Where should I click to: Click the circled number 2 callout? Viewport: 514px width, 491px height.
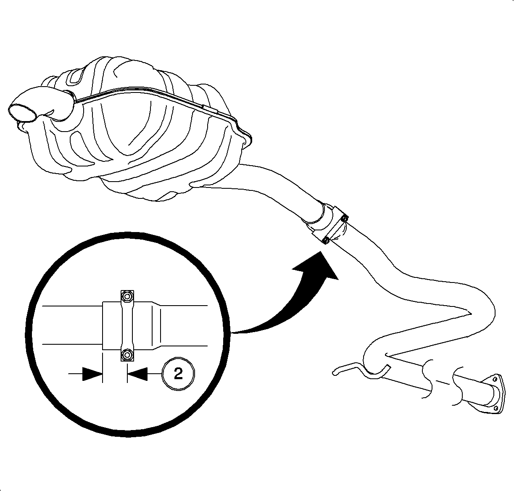178,373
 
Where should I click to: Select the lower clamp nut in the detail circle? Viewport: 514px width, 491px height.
127,354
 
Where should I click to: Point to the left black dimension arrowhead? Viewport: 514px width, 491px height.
92,374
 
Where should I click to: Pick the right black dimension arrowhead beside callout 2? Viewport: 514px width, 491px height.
137,374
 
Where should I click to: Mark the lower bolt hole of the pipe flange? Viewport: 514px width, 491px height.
496,409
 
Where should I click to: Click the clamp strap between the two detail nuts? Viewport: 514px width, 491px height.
127,325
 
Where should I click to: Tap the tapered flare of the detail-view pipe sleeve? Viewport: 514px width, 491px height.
156,325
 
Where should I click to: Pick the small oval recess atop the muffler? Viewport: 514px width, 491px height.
75,79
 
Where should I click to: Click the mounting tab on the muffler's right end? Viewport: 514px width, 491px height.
247,140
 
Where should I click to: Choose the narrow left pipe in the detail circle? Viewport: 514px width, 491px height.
72,325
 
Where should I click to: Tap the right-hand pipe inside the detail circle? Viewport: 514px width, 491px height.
184,325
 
